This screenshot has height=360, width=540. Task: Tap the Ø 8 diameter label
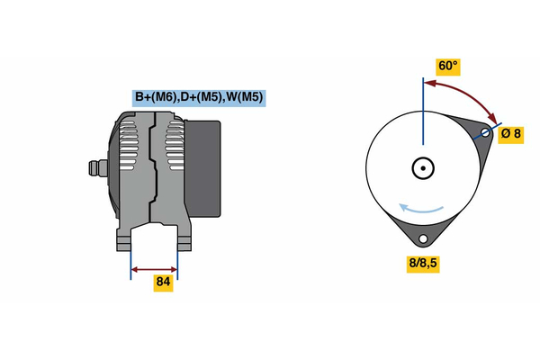coord(511,133)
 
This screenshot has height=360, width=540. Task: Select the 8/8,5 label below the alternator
coord(423,263)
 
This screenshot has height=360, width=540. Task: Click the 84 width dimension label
coord(163,282)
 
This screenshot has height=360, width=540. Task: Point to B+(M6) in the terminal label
coord(156,97)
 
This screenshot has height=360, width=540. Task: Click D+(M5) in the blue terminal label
coord(202,97)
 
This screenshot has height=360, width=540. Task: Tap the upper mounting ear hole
coord(485,132)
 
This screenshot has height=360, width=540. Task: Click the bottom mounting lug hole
coord(423,238)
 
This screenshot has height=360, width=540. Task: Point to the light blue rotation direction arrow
coord(421,210)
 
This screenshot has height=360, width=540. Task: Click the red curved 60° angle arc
coord(465,94)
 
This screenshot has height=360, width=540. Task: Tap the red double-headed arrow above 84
coord(154,269)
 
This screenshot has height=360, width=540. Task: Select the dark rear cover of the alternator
coord(202,168)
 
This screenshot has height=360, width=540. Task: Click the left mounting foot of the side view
coord(123,240)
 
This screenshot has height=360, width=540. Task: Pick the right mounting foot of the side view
coord(184,240)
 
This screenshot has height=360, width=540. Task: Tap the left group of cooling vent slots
coord(129,146)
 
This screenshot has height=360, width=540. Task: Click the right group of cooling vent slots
coord(175,146)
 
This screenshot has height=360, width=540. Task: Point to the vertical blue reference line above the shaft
coord(423,112)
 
